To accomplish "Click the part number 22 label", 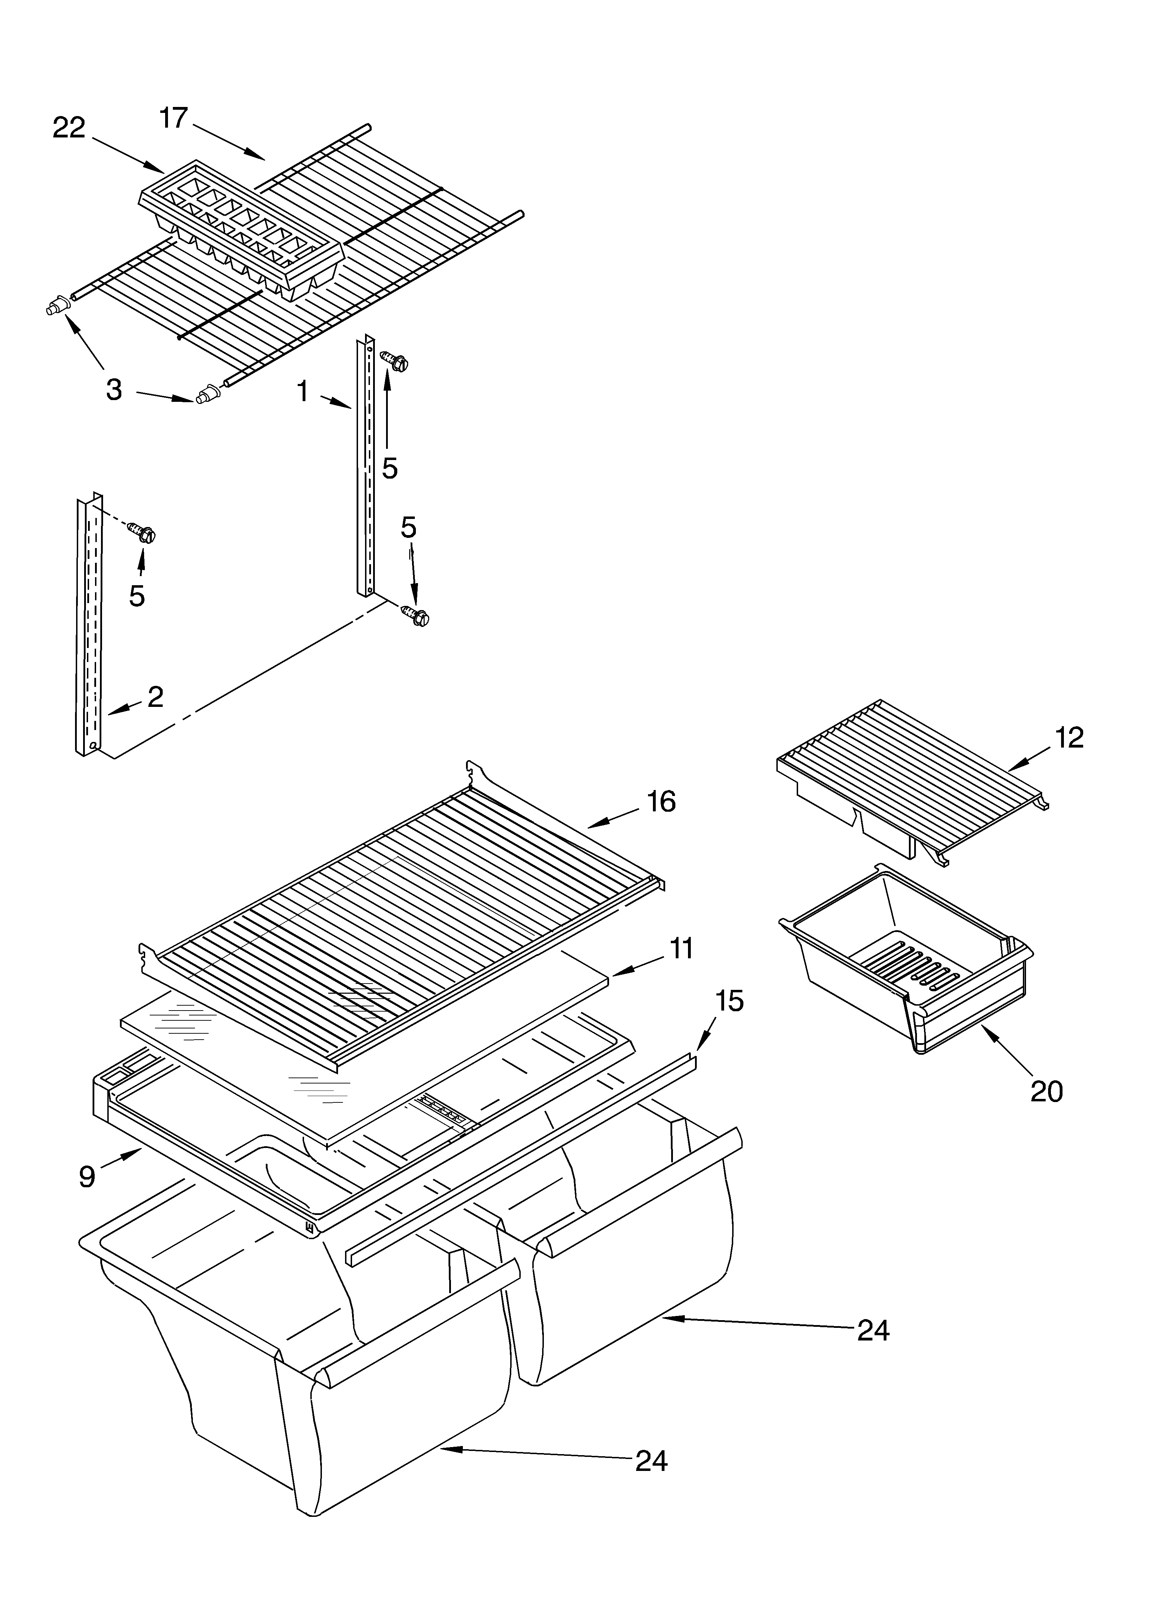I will [x=69, y=129].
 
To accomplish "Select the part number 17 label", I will [x=173, y=118].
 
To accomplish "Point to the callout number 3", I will [x=114, y=390].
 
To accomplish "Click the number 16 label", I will [x=661, y=802].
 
